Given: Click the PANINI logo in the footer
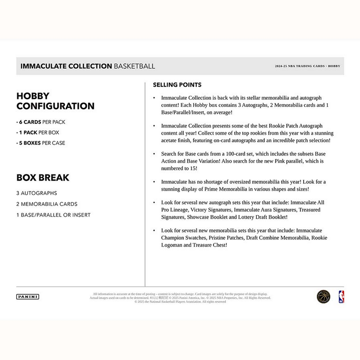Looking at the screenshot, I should (28, 296).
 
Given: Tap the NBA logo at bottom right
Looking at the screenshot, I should (341, 296).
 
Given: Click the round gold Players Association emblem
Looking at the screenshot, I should (323, 296).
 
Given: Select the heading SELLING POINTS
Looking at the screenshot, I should (177, 85).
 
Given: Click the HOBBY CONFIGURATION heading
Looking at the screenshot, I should (55, 101).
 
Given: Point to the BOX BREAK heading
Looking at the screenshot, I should (43, 178).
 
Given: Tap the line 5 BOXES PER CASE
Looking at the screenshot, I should (41, 143).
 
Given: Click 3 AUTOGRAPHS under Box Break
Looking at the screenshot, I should (37, 193).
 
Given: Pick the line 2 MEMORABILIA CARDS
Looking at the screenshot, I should (47, 204).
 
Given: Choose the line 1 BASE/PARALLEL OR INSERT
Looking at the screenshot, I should (54, 215).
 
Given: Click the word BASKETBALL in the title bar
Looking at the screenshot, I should (135, 66).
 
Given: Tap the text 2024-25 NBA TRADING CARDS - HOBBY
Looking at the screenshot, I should (308, 66).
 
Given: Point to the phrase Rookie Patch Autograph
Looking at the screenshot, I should (291, 126).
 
